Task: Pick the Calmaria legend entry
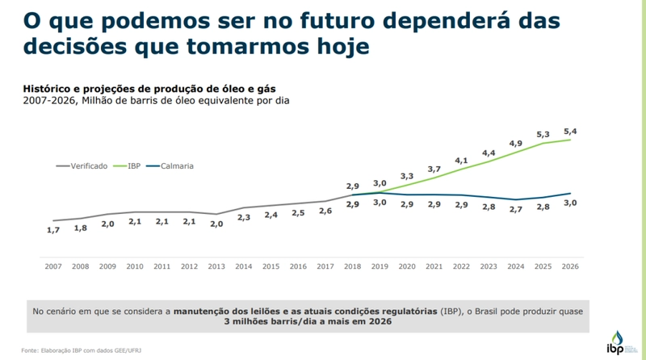pos(177,165)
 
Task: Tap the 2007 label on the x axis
pos(53,266)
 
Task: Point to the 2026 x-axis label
pos(570,266)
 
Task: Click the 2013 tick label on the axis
pos(216,266)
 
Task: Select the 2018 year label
pos(352,266)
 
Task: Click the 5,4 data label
pos(570,131)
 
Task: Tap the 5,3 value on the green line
pos(543,134)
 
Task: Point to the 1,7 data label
pos(53,231)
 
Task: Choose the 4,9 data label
pos(515,144)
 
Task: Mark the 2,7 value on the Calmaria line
pos(515,209)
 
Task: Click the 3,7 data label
pos(434,169)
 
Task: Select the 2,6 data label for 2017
pos(325,211)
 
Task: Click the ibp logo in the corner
pos(618,342)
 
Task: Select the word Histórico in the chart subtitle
pos(48,89)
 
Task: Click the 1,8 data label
pos(81,228)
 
